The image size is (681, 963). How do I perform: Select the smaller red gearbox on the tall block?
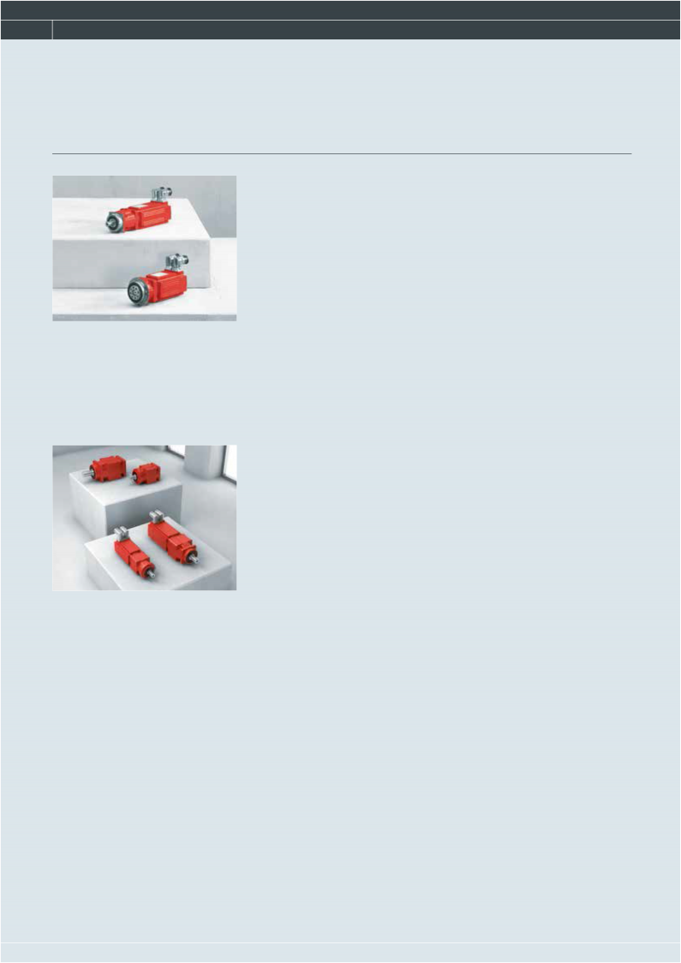pos(146,472)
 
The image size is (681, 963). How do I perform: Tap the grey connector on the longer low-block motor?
pos(157,517)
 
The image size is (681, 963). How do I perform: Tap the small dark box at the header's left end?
pos(26,29)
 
